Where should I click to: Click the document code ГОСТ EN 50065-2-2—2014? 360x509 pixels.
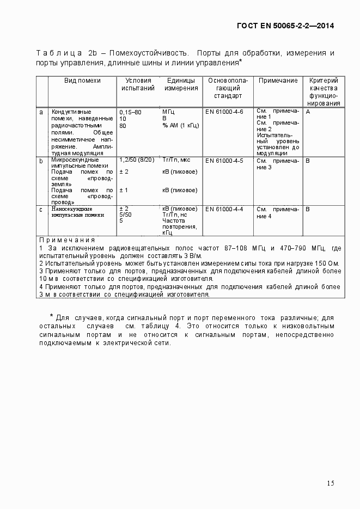(285, 26)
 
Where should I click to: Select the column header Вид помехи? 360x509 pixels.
(82, 81)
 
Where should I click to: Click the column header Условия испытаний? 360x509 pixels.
(135, 84)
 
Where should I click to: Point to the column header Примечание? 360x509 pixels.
(278, 81)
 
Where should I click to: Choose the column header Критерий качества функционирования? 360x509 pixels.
(324, 91)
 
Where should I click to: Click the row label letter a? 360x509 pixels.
(41, 112)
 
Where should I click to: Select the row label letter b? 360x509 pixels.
(41, 161)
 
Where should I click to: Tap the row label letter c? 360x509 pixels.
(41, 209)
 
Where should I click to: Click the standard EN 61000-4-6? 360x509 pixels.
(224, 112)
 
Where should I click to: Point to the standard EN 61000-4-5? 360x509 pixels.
(224, 161)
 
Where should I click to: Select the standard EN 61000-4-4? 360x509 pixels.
(224, 209)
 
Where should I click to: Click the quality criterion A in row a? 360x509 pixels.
(308, 112)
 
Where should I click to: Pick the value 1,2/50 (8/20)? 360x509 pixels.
(137, 160)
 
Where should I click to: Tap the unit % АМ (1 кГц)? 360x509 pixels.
(181, 125)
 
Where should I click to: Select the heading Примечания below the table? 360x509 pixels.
(67, 240)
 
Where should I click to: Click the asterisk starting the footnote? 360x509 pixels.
(51, 316)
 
